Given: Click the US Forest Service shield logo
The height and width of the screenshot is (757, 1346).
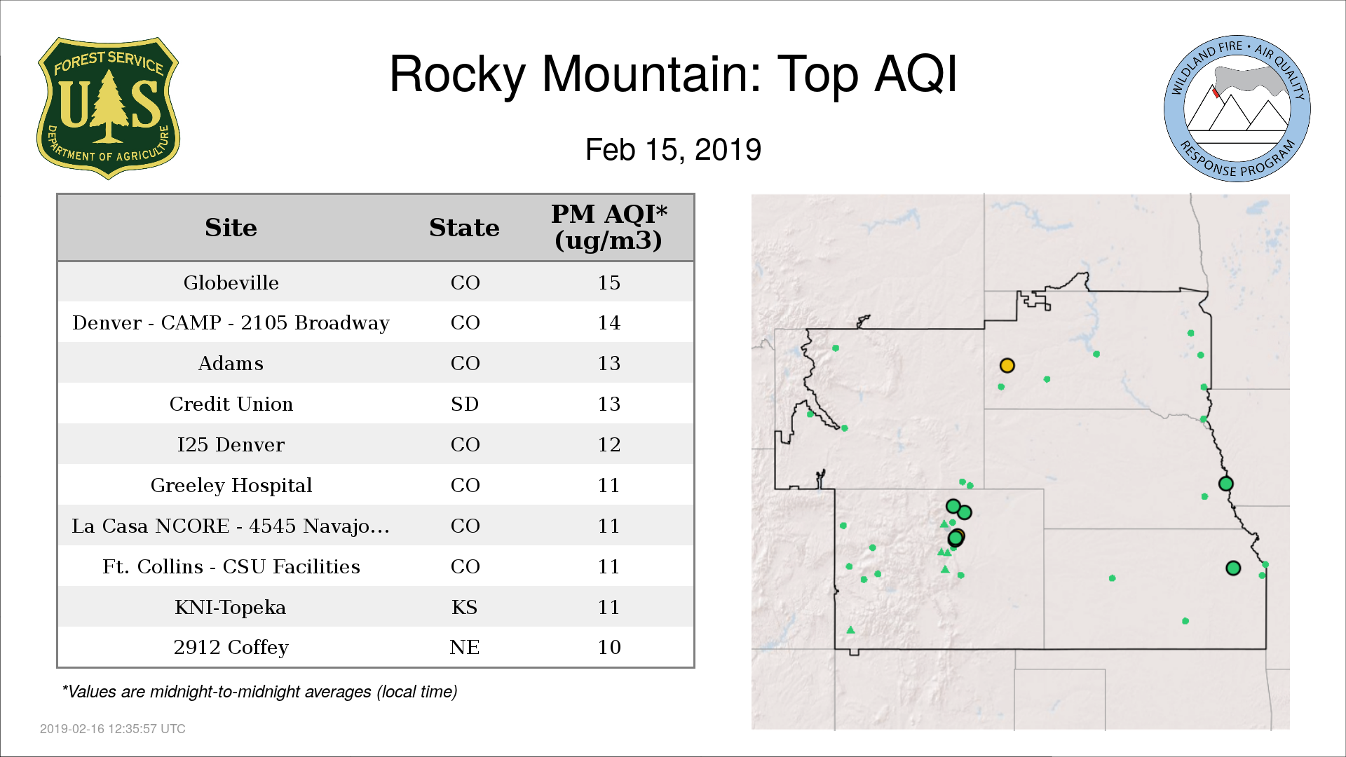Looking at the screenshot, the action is [108, 109].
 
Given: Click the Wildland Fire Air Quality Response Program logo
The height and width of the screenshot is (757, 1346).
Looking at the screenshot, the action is [1237, 109].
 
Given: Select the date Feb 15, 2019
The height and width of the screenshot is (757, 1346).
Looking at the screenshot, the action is [673, 150].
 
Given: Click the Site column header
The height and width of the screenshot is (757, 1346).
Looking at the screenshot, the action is [231, 228].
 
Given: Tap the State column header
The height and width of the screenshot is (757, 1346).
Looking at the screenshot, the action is [464, 228].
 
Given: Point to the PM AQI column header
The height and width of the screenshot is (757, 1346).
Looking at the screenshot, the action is [609, 227].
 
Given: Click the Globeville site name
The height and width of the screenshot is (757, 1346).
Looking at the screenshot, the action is [231, 282].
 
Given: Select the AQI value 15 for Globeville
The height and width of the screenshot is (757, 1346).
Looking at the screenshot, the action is [609, 282].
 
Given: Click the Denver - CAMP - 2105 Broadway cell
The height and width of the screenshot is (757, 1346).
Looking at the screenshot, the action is [231, 323].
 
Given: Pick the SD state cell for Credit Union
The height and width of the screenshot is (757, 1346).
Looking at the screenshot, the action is [465, 404].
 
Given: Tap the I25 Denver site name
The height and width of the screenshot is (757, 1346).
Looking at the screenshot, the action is [231, 445].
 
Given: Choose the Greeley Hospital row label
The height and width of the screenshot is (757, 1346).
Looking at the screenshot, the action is [231, 486].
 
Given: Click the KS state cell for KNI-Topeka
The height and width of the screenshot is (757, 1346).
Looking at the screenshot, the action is [465, 607].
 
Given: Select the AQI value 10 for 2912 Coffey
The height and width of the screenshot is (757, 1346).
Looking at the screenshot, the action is [609, 647].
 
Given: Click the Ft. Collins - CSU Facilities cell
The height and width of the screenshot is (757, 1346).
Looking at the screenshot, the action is [231, 566].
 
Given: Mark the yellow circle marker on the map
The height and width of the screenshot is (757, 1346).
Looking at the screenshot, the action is [1007, 365].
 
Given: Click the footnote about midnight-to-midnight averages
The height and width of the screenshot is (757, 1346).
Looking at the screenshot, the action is [259, 692].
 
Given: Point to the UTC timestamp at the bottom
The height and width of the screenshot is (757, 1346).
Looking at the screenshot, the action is [113, 729].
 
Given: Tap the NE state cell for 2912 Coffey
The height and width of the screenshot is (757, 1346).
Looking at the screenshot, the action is [465, 647].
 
